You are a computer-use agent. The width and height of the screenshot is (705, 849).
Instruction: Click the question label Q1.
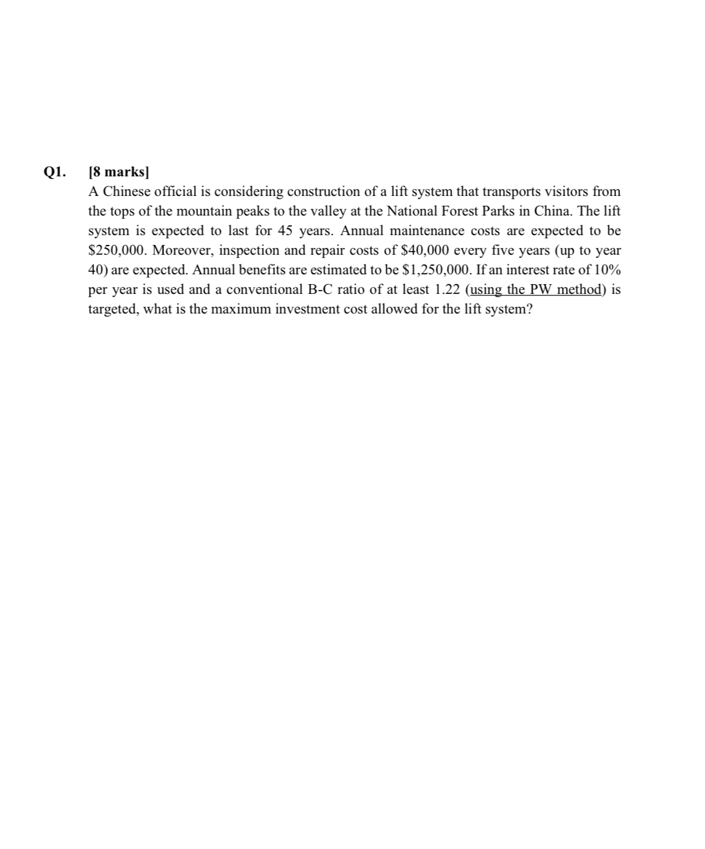tap(54, 172)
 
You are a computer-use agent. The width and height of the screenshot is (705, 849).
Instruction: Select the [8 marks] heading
tap(118, 172)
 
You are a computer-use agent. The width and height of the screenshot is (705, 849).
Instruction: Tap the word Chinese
tap(130, 192)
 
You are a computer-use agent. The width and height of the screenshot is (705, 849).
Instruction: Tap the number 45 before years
tap(286, 231)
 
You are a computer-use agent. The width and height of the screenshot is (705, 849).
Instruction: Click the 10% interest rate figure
tap(607, 270)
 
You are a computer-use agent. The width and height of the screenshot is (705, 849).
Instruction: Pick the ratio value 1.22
tap(447, 290)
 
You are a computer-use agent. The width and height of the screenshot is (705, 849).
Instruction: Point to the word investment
tap(307, 310)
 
